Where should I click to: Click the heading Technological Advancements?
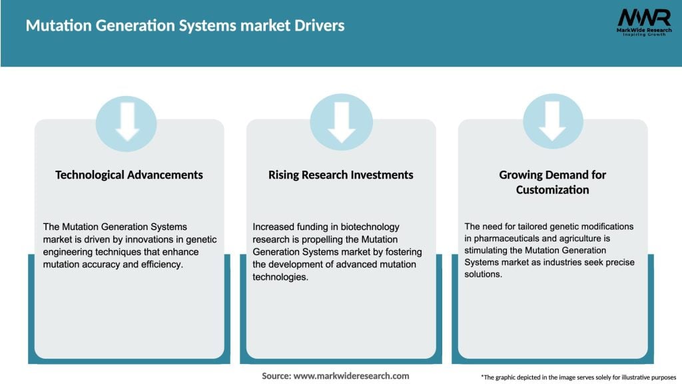129,175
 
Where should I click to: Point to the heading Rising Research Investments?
341,175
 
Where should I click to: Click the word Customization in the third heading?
552,190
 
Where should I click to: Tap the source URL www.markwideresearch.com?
352,376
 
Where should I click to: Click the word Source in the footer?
276,376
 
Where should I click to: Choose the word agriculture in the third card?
572,238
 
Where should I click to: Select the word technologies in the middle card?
280,277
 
